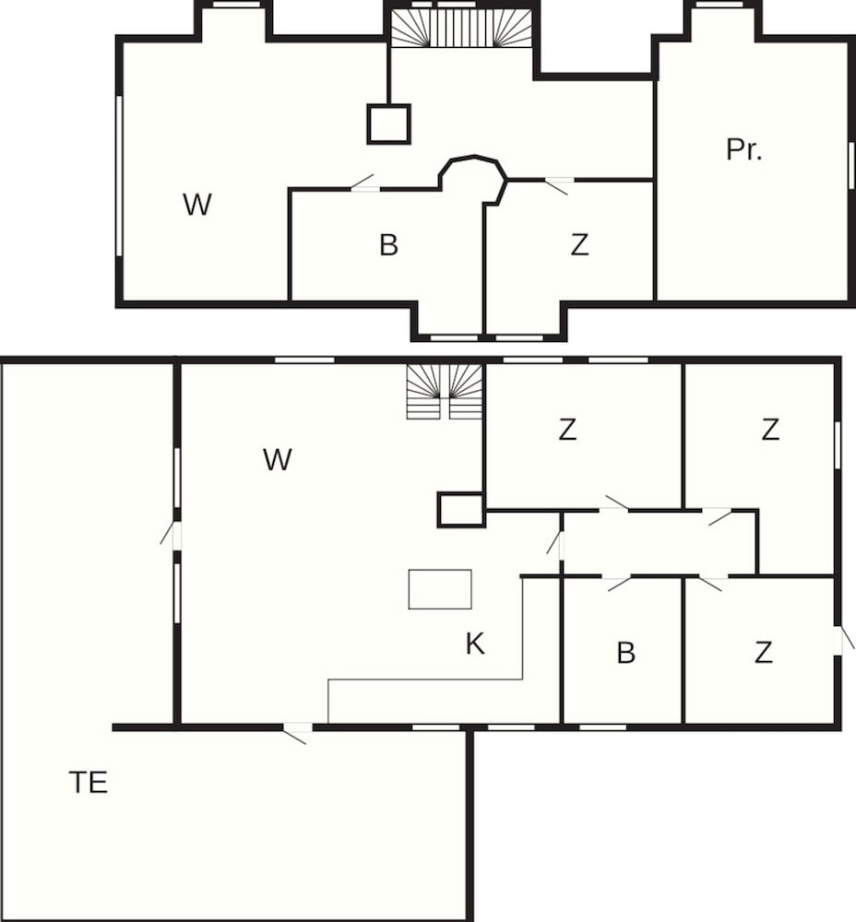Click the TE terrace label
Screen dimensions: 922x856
click(x=89, y=783)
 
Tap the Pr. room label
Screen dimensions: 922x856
click(x=743, y=149)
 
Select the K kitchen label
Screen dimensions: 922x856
click(x=475, y=644)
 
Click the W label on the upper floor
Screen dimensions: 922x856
click(x=196, y=205)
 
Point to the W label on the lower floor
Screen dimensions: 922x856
click(x=277, y=459)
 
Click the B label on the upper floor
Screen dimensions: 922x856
click(x=388, y=245)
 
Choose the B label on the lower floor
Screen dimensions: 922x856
click(x=625, y=653)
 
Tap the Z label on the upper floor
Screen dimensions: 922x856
click(x=579, y=245)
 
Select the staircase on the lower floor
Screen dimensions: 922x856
click(x=446, y=391)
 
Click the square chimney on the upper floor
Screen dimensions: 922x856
click(x=388, y=124)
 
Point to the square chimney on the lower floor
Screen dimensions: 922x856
click(x=460, y=510)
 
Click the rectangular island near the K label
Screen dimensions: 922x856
click(x=440, y=589)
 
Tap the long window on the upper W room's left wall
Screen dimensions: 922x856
click(x=119, y=175)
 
